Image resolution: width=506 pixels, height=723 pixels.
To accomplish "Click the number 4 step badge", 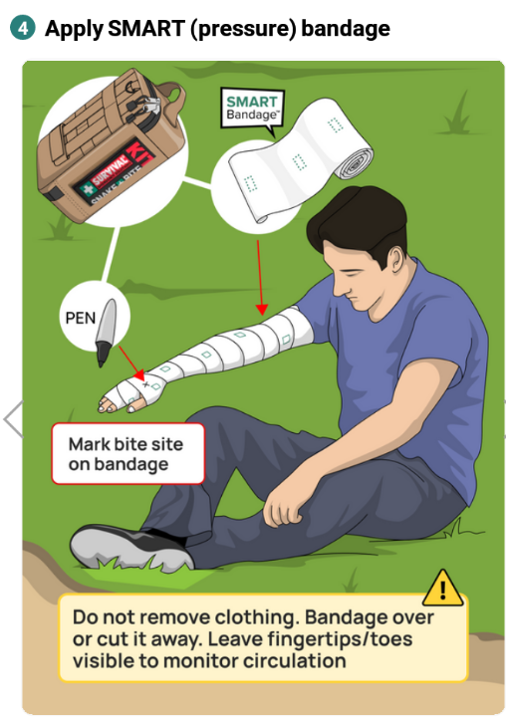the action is point(22,28).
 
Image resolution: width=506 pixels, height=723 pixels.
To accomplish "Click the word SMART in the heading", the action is point(145,29).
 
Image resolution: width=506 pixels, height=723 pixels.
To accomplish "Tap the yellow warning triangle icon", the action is point(442,588).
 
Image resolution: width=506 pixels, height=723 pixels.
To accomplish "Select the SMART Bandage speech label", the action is point(252,108).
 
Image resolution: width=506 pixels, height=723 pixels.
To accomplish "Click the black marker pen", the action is point(106,332).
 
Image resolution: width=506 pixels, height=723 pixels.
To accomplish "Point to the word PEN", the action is point(81,318).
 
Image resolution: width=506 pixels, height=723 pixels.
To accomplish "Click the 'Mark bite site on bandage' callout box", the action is point(127,454).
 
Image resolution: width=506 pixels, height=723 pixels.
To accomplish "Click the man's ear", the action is point(396,263).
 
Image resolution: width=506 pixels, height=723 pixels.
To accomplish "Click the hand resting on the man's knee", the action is point(281,507).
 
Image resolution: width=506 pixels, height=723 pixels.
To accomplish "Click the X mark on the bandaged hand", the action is point(146,383).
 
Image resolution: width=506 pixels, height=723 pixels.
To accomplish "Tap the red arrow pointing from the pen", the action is point(131,361).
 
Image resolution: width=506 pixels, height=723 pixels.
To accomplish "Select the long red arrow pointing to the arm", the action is point(260,278).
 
